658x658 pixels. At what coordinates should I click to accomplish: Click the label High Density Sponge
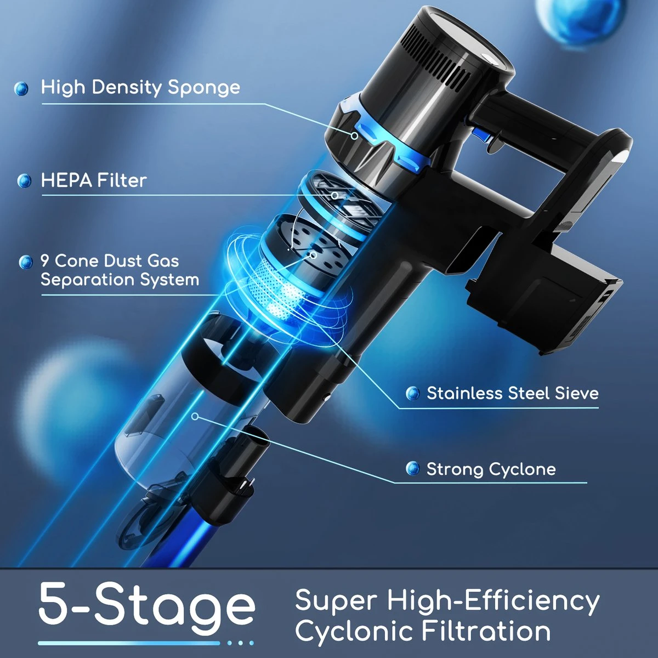tap(140, 87)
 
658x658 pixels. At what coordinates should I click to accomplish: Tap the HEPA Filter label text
tap(94, 180)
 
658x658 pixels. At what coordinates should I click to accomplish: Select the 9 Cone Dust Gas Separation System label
tap(120, 270)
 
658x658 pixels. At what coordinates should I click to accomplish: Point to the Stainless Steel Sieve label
tap(513, 393)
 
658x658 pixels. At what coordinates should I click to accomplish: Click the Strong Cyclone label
tap(491, 469)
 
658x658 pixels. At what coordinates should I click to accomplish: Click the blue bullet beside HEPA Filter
tap(24, 180)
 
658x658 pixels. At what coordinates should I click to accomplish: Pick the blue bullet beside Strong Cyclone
tap(413, 468)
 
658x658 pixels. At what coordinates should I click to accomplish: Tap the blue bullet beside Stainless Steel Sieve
tap(413, 393)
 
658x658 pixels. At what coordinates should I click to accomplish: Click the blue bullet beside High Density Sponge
tap(21, 88)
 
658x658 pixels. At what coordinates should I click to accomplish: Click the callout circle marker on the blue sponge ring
tap(355, 136)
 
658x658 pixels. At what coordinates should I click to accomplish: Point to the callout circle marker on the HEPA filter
tap(335, 195)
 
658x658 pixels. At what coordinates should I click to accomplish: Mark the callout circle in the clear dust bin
tap(195, 416)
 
